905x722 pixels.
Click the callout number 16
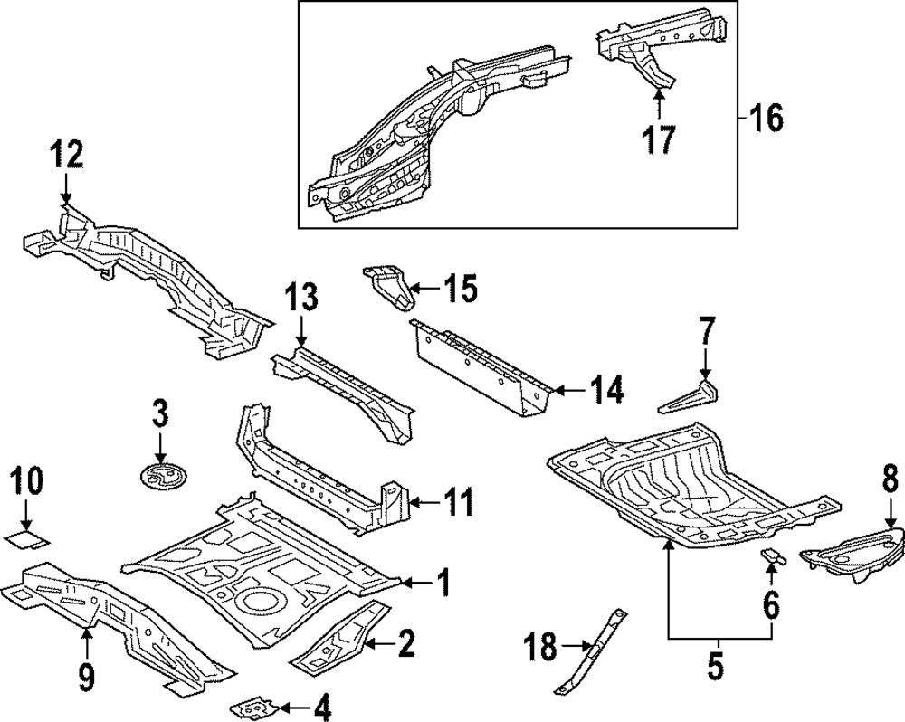coord(766,119)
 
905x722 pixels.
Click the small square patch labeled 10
coord(27,541)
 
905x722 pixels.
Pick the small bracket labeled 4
coord(253,705)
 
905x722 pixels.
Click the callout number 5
coord(714,666)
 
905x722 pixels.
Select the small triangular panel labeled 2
coord(339,645)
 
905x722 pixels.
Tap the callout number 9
coord(86,676)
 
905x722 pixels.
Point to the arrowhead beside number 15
coord(415,288)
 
